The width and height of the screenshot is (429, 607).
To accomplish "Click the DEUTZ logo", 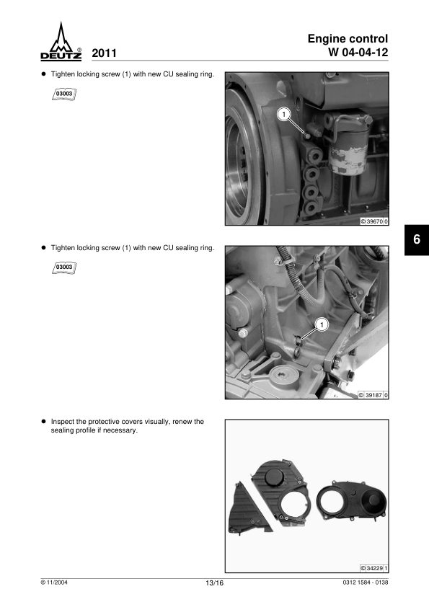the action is (61, 41).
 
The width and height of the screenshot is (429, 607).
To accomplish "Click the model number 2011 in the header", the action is (104, 53).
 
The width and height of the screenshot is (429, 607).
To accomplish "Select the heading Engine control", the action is (348, 39).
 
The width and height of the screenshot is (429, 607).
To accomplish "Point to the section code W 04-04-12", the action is (358, 52).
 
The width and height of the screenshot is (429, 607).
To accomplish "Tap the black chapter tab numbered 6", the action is (417, 239).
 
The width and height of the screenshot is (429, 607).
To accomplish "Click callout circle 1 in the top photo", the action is (284, 115).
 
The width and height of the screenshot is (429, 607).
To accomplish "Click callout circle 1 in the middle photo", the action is (322, 324).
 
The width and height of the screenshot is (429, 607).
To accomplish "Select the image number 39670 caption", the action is (374, 222).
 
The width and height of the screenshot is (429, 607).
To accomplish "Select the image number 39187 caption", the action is (373, 395).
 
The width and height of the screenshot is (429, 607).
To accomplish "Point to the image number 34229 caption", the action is (374, 568).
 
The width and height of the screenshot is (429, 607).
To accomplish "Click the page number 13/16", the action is (215, 583).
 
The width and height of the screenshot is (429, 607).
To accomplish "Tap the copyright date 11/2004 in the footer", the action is (54, 582).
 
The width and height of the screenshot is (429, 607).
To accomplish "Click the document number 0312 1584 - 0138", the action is (366, 582).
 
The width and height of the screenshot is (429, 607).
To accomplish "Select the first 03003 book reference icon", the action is (64, 94).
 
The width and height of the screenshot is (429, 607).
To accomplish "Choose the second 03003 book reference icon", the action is (64, 267).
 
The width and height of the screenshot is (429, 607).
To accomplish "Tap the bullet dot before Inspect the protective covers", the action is (44, 421).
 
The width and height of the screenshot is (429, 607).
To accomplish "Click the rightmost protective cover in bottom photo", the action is (352, 500).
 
